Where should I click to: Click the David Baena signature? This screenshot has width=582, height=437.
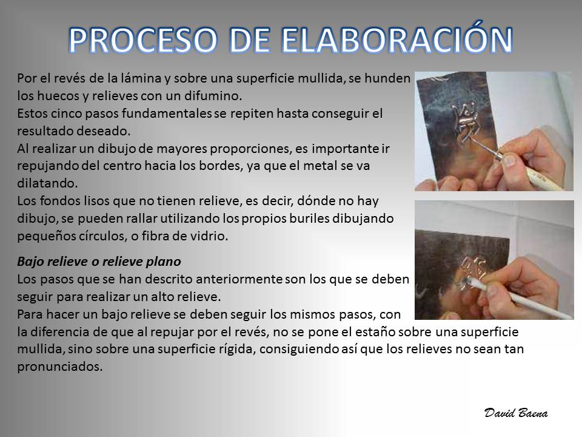coord(516,413)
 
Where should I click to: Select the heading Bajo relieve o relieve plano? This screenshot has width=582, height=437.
coord(99,262)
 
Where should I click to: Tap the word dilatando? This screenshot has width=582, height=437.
coord(47,183)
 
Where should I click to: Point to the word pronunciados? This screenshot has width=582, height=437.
coord(59,367)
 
